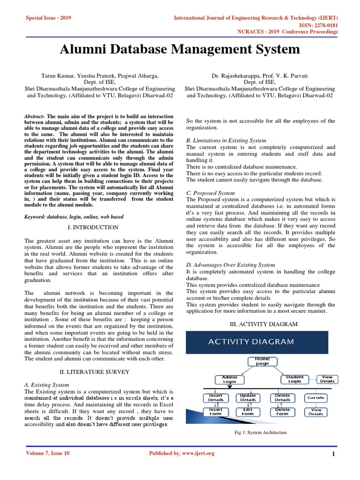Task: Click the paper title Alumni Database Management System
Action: [180, 49]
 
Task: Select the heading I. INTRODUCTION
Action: [94, 227]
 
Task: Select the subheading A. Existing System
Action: [46, 384]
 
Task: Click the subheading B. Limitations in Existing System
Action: [226, 140]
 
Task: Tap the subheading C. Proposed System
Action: [210, 193]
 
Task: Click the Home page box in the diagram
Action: [262, 361]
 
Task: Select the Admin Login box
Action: [229, 379]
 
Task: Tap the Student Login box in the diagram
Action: [294, 379]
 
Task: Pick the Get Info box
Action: [315, 397]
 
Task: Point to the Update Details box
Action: [247, 397]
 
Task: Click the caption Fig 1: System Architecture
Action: [261, 433]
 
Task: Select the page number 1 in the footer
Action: [333, 453]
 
